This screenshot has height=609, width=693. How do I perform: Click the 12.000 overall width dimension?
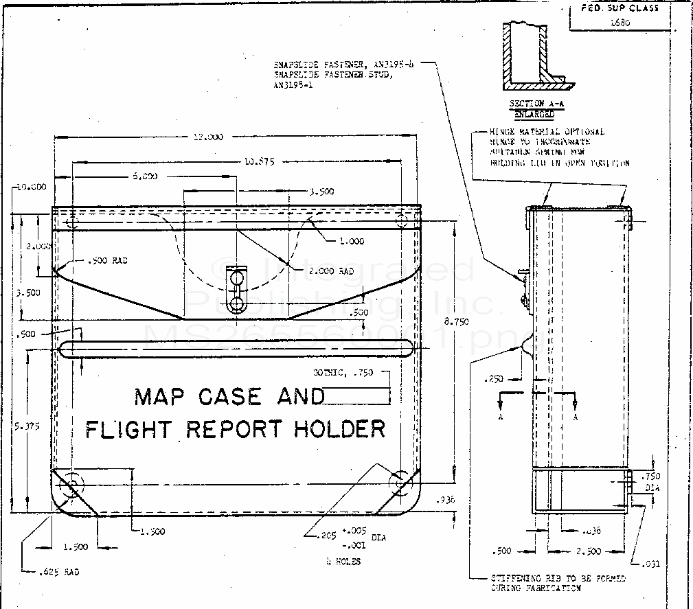208,137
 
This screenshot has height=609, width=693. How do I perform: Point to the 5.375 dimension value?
27,426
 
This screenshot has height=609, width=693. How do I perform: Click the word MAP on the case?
159,396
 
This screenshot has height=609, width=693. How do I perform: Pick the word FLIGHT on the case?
127,429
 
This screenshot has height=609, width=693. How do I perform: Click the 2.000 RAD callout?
331,271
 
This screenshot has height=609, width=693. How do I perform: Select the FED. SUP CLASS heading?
620,8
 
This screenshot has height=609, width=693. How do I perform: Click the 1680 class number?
620,22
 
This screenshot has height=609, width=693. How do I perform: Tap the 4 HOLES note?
343,561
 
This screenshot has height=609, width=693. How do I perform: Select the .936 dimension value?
446,501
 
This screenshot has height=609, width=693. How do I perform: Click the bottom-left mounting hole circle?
71,486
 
